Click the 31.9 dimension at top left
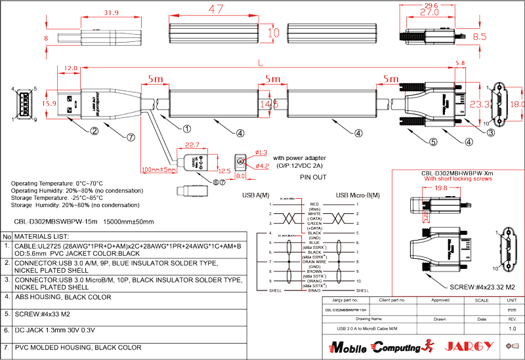[111, 12]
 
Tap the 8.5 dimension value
[480, 37]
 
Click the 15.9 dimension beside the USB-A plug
[49, 103]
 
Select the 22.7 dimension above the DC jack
[192, 145]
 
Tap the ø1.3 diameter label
[261, 153]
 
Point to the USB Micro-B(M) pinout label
[358, 195]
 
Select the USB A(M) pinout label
[257, 195]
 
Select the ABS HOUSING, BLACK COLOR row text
[62, 296]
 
